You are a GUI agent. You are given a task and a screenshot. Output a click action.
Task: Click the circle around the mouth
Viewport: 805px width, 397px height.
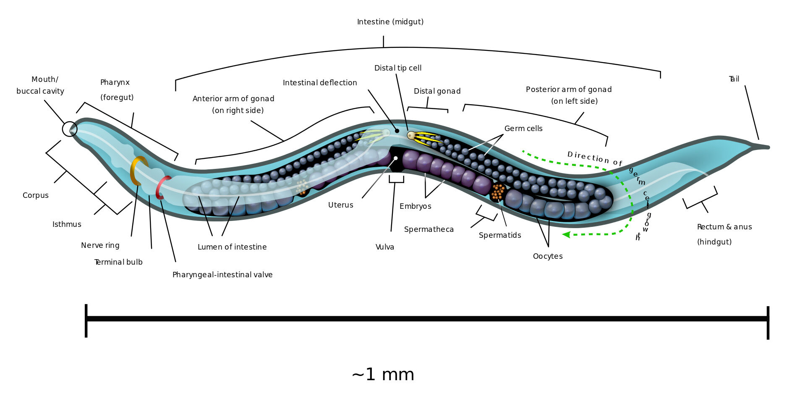click(70, 129)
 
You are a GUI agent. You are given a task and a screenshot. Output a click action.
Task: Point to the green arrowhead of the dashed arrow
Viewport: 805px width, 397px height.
click(566, 234)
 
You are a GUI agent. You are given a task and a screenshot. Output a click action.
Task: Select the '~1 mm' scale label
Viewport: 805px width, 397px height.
click(383, 374)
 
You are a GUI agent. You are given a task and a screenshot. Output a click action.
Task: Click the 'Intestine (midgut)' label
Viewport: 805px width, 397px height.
click(390, 22)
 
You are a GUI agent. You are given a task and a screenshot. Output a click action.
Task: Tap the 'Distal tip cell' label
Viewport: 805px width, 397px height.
click(398, 68)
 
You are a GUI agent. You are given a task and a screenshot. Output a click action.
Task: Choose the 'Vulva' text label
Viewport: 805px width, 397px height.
click(385, 247)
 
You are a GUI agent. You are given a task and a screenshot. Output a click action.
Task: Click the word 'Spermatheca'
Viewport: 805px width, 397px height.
click(429, 229)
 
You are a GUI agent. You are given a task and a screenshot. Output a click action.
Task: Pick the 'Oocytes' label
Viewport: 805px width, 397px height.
click(548, 256)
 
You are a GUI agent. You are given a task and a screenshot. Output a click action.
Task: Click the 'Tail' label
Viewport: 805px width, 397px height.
click(734, 79)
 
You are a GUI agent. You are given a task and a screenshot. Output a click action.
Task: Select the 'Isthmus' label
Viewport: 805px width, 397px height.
click(67, 224)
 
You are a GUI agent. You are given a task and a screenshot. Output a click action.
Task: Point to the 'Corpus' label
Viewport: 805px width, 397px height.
click(36, 195)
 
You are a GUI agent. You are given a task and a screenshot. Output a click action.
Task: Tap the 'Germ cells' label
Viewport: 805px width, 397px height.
click(523, 129)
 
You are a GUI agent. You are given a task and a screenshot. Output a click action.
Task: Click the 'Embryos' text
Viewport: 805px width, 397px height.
click(416, 206)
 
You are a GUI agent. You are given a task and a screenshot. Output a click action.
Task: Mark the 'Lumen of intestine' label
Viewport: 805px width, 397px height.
click(232, 247)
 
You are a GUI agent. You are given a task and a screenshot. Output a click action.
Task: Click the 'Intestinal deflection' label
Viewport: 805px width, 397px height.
click(320, 83)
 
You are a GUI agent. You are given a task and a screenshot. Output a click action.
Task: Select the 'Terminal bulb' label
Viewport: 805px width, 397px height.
click(118, 262)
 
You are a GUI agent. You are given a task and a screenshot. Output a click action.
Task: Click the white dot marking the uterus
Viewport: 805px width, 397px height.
click(395, 158)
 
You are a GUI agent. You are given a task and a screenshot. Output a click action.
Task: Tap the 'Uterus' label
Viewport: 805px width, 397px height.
click(341, 205)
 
